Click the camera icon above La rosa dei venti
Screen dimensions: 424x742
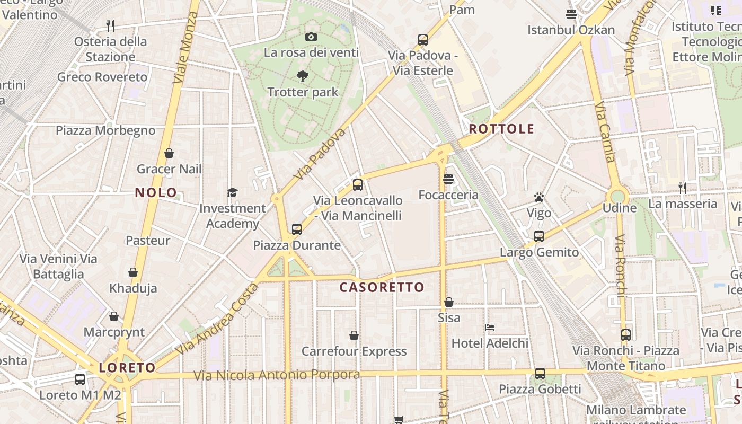(x=311, y=37)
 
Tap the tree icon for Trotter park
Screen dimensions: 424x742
(x=303, y=76)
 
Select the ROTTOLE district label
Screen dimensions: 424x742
(x=501, y=129)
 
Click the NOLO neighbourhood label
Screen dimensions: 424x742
(x=156, y=192)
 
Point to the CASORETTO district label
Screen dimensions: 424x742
(x=382, y=287)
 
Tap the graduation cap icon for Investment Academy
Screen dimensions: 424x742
(x=232, y=192)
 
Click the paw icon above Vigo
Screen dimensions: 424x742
(x=539, y=198)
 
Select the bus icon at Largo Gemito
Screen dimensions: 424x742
(x=539, y=236)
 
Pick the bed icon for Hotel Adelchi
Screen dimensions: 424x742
(x=490, y=328)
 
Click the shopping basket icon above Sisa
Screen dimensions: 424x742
(x=449, y=302)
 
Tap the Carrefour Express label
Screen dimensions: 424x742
(x=354, y=351)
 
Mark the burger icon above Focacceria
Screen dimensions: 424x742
(x=448, y=179)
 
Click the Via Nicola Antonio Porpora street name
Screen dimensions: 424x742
(x=277, y=375)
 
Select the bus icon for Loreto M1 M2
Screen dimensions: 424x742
(x=80, y=379)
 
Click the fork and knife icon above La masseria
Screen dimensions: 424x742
(x=683, y=188)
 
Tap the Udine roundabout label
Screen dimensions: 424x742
(x=619, y=208)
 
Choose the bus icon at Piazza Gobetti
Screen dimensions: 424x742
(x=540, y=374)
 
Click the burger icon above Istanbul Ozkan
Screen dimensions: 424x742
(x=571, y=14)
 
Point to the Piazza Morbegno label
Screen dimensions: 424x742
(x=105, y=130)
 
